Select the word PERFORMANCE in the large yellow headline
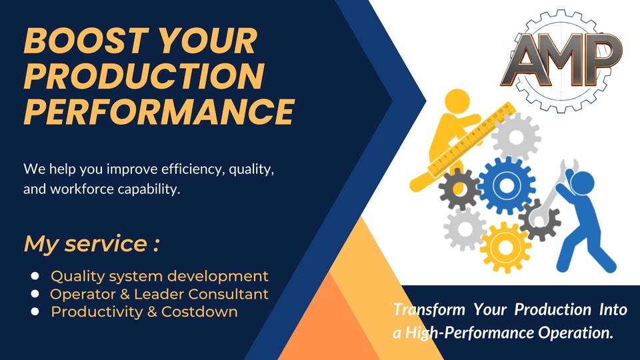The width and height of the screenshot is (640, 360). click(x=159, y=111)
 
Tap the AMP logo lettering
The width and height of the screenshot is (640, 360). click(x=561, y=60)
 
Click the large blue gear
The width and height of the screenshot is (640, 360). click(x=507, y=185)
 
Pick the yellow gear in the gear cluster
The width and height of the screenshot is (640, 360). click(x=505, y=247)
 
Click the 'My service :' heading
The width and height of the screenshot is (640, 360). click(x=91, y=244)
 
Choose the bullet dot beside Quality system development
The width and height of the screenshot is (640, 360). click(x=35, y=276)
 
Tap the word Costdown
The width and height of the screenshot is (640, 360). click(x=199, y=312)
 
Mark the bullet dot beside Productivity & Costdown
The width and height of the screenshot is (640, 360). click(x=35, y=312)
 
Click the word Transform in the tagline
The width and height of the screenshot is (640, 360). click(x=429, y=309)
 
